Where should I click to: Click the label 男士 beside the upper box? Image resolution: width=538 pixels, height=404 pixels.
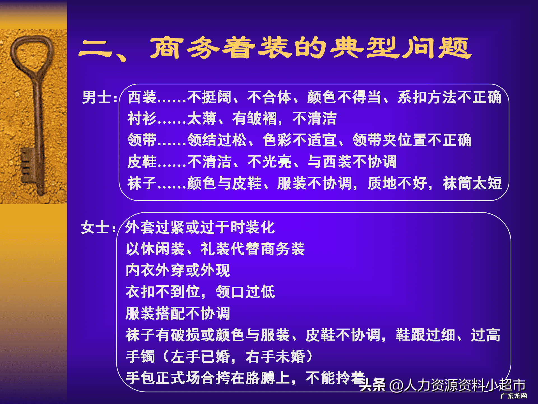point(97,97)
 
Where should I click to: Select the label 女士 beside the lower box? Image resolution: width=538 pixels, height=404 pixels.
point(95,227)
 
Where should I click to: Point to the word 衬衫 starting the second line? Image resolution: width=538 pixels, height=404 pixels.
point(142,118)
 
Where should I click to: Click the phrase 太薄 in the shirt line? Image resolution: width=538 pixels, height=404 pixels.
point(202,118)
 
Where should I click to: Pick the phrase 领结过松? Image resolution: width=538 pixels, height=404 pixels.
point(217,140)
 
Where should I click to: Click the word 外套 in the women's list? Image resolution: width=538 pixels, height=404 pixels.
point(140,227)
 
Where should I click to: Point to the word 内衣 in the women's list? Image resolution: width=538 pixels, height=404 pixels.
point(140,270)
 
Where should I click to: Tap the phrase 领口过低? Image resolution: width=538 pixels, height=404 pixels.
point(245,292)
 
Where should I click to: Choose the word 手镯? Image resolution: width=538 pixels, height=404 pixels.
point(140,356)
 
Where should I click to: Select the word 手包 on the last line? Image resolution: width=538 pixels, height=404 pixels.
point(140,378)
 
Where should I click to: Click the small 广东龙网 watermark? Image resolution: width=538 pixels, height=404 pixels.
point(514,396)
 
